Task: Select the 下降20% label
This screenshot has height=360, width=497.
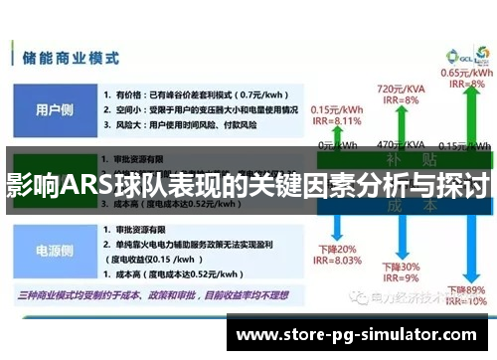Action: pos(335,249)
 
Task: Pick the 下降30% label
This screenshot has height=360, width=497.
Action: pos(401,268)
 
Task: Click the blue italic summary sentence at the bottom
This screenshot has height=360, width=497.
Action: pos(149,295)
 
